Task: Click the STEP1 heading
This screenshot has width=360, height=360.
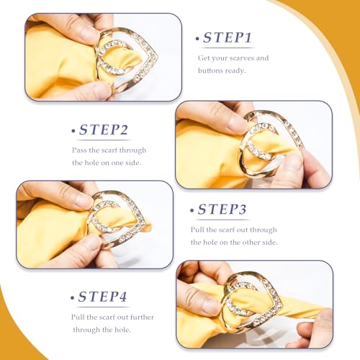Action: (x=228, y=37)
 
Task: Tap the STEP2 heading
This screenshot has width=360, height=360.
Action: (x=104, y=130)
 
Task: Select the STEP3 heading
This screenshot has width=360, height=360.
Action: (x=222, y=210)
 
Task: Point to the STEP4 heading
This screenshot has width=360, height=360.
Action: (x=102, y=297)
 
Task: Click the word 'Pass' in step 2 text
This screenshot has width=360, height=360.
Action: (x=79, y=150)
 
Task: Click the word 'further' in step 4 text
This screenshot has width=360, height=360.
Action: (x=142, y=317)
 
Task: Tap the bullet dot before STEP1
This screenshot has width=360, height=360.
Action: (x=197, y=38)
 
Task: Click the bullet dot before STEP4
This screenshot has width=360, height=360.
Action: (x=72, y=298)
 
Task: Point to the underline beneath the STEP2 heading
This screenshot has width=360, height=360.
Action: (x=105, y=140)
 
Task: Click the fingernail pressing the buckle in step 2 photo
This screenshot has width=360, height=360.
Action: (x=294, y=161)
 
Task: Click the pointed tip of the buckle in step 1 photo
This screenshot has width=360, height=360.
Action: (x=157, y=58)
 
